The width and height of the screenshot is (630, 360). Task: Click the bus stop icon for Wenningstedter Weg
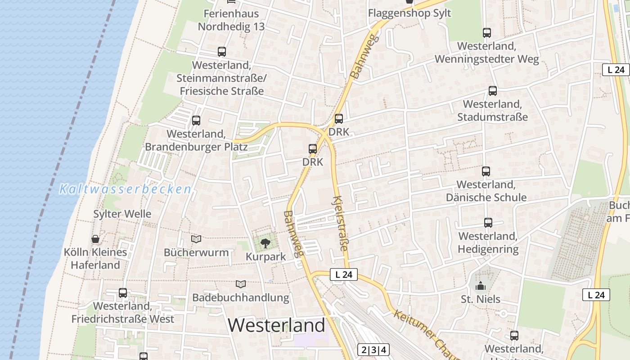486,33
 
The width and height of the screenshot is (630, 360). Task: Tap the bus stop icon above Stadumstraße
493,91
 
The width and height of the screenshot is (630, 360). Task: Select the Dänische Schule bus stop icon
486,171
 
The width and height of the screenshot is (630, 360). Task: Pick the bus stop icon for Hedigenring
488,223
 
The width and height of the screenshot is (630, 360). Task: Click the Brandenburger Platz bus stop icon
196,121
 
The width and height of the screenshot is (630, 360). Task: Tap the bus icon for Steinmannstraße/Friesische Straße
222,52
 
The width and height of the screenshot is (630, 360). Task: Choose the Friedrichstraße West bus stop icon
123,293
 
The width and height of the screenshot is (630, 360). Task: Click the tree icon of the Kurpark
265,243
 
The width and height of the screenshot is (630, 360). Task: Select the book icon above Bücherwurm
196,239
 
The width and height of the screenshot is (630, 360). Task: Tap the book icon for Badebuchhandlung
241,284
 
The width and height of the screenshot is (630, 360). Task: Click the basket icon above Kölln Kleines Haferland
95,239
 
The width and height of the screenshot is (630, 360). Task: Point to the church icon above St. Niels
481,286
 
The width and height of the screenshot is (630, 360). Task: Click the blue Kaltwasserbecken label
126,189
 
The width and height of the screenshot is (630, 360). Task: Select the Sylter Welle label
122,214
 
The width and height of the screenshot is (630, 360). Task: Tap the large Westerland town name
276,325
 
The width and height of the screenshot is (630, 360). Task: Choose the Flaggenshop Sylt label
409,13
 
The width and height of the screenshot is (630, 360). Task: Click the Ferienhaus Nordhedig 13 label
231,20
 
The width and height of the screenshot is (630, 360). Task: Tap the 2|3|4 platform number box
373,350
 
